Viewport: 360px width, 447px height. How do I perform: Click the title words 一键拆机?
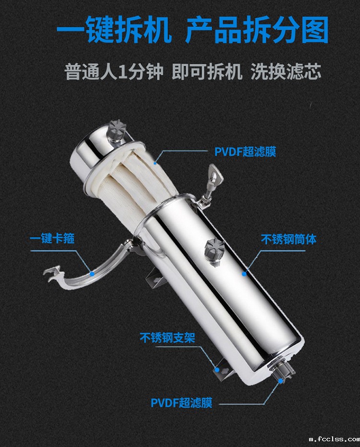click(x=114, y=29)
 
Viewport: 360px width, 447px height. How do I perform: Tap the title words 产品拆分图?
click(x=257, y=29)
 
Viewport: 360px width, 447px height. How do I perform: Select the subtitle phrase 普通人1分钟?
click(x=114, y=72)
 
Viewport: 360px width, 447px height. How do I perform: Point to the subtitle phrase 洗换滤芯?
click(x=286, y=72)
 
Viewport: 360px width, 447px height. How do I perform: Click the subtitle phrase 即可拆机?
click(x=207, y=72)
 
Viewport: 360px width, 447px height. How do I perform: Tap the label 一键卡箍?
click(x=52, y=238)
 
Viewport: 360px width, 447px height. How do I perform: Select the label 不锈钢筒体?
click(x=289, y=240)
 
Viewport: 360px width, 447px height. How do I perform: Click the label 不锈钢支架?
click(x=168, y=338)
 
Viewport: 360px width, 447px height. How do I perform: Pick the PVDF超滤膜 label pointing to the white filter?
click(x=245, y=152)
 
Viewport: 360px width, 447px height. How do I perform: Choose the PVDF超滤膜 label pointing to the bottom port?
click(x=181, y=403)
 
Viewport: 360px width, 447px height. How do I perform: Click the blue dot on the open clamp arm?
click(x=92, y=274)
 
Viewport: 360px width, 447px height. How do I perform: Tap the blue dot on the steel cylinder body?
click(x=244, y=274)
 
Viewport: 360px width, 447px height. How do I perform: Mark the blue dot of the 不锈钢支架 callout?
click(x=217, y=370)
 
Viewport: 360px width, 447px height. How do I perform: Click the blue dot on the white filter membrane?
click(x=155, y=163)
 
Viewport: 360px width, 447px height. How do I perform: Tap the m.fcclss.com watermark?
click(x=335, y=439)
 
